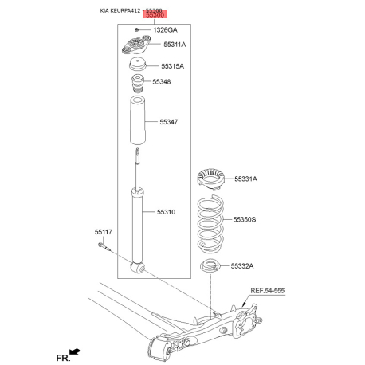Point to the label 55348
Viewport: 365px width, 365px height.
162,82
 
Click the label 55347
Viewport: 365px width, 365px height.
168,122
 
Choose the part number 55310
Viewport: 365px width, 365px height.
166,212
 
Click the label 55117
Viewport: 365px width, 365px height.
104,232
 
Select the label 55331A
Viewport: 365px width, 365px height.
245,179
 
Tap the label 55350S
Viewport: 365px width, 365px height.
245,218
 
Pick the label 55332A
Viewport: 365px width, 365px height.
245,265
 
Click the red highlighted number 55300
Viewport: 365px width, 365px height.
155,15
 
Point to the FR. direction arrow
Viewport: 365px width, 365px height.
74,351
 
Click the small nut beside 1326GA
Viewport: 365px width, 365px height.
138,29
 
